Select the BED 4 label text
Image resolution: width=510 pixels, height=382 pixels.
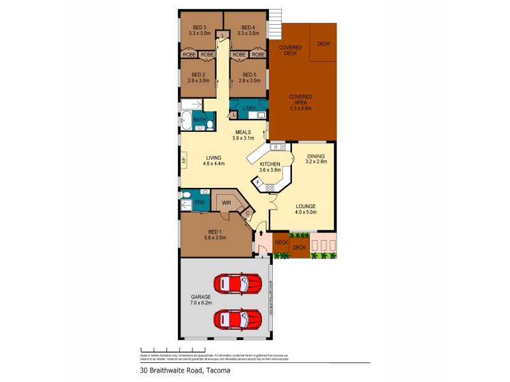pos(248,27)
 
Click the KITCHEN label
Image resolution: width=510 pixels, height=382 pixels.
pos(270,164)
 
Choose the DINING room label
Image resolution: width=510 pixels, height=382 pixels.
pos(316,156)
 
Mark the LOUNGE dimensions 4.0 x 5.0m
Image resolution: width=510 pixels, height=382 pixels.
pos(305,212)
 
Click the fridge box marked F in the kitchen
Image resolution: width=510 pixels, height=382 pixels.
pos(259,182)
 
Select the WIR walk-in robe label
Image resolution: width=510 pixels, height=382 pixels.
pos(226,204)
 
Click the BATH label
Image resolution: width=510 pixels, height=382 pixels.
pos(200,120)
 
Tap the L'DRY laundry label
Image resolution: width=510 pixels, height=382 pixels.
pos(250,109)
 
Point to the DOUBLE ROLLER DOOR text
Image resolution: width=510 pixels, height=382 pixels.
pos(270,299)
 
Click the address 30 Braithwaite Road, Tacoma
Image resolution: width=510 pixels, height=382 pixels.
pos(185,370)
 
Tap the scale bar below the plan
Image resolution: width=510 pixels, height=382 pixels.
pos(166,350)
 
